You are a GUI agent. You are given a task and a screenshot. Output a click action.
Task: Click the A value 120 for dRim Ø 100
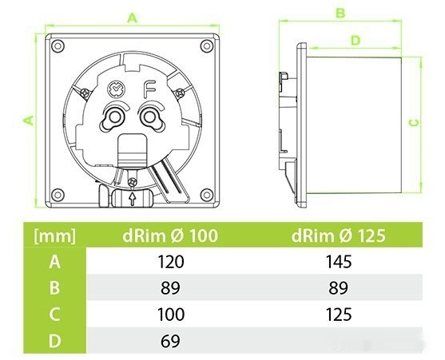[x=170, y=262]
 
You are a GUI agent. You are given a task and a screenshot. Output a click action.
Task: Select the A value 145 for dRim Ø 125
[x=339, y=262]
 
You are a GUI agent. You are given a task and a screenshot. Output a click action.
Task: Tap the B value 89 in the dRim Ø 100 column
[x=170, y=288]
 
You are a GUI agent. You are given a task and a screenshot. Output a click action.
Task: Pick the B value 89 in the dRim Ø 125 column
[x=338, y=288]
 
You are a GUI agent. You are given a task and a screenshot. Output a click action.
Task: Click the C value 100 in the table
[x=171, y=315]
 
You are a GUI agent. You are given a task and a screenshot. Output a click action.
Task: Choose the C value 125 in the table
[x=339, y=315]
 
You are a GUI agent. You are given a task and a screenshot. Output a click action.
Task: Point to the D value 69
[x=170, y=341]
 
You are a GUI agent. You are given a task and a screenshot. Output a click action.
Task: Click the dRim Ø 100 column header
[x=170, y=235]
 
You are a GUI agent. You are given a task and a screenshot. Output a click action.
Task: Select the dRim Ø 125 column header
[x=338, y=235]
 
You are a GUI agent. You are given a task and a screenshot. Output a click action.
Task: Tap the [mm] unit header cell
[x=55, y=235]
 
